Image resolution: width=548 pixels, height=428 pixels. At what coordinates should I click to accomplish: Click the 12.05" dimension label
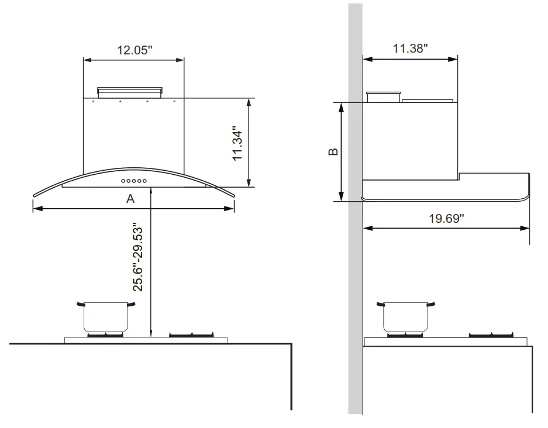pos(135,50)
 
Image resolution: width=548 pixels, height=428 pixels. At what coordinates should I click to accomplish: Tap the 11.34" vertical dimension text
pos(237,143)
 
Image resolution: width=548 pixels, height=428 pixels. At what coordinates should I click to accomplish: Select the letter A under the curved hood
pos(131,199)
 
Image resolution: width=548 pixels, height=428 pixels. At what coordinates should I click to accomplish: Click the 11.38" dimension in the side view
pos(410,49)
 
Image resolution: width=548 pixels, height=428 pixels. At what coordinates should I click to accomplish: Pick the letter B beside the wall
pos(333,152)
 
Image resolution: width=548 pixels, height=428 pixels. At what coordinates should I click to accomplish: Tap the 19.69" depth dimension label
pos(447,219)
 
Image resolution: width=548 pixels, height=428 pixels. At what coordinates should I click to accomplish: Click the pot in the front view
pos(105,317)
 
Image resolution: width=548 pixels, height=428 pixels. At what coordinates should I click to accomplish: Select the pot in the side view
pos(408,317)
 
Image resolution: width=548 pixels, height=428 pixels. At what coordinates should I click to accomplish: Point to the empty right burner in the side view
pos(491,335)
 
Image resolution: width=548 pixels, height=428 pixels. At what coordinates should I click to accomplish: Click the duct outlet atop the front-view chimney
pos(130,91)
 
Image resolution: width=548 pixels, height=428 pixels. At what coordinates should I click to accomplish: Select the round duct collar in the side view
pos(382,96)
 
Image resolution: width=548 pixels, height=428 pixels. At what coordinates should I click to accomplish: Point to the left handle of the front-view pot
pos(80,304)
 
